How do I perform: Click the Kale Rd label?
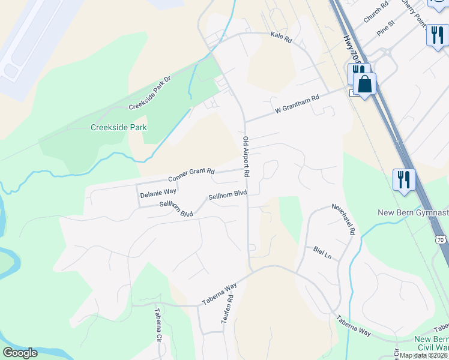click(281, 38)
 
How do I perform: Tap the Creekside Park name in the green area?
click(119, 127)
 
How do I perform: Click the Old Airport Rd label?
click(246, 157)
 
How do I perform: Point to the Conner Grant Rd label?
click(191, 175)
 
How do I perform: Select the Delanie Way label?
click(158, 193)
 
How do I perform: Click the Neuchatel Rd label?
click(344, 218)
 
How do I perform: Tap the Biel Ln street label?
click(322, 253)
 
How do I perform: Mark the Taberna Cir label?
click(159, 325)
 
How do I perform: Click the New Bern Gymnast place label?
click(413, 213)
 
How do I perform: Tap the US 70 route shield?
click(441, 239)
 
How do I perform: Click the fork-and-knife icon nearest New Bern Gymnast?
click(403, 179)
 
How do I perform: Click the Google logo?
click(20, 353)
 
